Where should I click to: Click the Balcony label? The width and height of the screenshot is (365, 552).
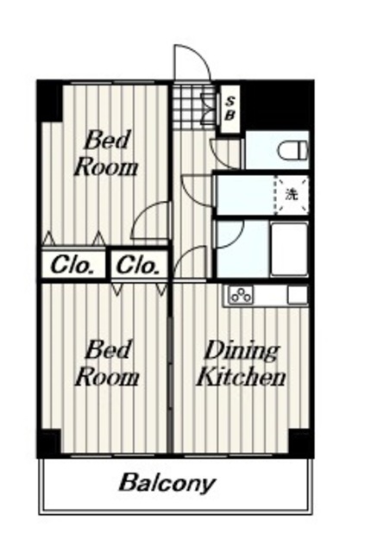[167, 483]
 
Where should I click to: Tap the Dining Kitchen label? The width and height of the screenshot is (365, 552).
[242, 365]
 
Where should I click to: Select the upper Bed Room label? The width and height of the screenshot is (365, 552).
[105, 154]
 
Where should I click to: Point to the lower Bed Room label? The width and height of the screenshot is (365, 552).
[107, 363]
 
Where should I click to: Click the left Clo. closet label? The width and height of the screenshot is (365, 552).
[73, 265]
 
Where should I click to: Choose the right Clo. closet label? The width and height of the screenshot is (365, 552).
[137, 265]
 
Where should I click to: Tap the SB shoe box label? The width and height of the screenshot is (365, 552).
[230, 109]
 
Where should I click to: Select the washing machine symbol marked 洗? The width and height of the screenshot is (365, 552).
[292, 195]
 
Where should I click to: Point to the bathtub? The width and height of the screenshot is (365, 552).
[290, 249]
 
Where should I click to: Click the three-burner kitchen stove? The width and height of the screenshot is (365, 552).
[242, 295]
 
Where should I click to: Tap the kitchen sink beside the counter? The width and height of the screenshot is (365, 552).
[298, 295]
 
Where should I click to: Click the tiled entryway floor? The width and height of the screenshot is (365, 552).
[193, 106]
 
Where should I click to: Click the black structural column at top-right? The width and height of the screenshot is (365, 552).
[277, 105]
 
